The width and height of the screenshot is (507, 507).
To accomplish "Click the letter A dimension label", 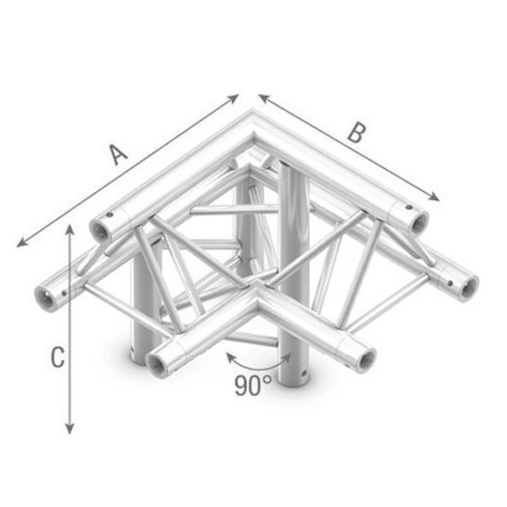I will (x=118, y=154).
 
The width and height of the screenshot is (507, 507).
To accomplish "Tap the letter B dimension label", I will (x=354, y=133).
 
